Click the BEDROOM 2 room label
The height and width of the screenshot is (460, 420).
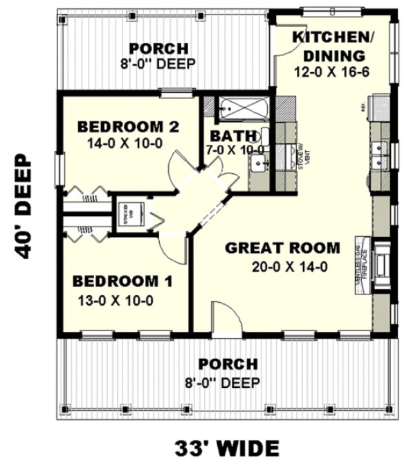(129, 127)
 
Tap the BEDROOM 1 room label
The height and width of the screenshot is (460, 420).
(123, 281)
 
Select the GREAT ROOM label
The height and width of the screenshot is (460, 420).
(283, 247)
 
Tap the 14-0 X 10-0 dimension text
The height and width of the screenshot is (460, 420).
(129, 144)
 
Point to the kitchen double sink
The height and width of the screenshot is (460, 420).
(378, 155)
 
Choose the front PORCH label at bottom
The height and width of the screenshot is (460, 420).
(228, 364)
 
